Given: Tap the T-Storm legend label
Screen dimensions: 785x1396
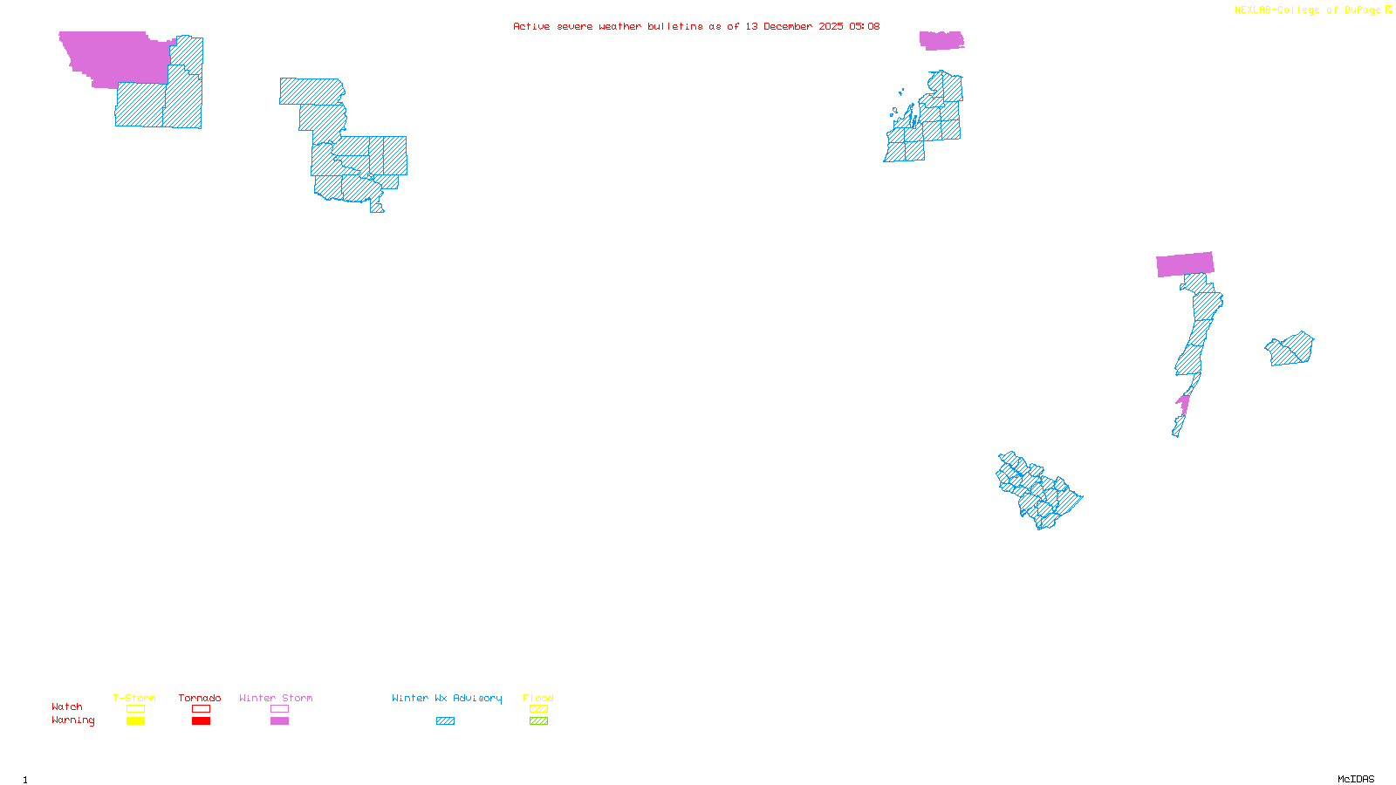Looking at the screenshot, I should point(134,698).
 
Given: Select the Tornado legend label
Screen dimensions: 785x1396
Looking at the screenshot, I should point(200,698).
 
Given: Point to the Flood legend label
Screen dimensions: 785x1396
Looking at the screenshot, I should point(538,698).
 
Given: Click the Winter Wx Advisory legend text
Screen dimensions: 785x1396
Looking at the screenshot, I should point(447,698).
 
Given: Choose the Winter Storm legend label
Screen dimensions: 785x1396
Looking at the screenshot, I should point(276,698).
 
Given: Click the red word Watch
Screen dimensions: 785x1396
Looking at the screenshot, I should point(67,706).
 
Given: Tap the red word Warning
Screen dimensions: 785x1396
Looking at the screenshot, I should point(72,720).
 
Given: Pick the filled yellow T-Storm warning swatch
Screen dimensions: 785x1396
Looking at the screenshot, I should point(135,721).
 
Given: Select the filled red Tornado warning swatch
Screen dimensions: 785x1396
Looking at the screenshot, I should point(202,721).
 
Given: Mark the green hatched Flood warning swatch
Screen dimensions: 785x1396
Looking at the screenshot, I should point(539,721).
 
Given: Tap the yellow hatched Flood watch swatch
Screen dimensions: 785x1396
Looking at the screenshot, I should point(539,709).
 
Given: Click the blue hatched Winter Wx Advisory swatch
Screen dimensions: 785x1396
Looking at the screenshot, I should point(446,721).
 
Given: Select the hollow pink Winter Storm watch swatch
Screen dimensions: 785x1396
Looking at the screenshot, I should point(280,709).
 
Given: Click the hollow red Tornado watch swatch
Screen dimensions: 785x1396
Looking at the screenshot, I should point(202,709).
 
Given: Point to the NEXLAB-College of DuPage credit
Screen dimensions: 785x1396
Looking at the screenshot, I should point(1308,10).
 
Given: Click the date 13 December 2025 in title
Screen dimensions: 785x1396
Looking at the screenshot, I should point(794,26).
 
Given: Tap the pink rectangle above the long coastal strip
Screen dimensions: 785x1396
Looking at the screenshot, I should point(1185,264).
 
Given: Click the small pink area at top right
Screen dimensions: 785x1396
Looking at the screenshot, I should point(941,40).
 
